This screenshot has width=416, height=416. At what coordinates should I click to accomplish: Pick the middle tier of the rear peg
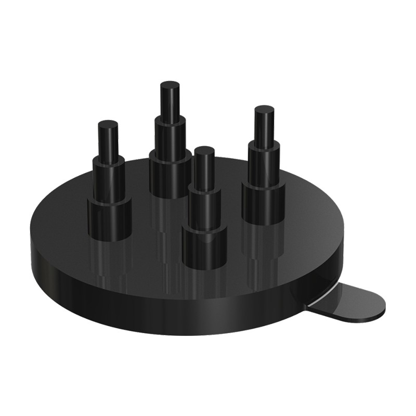170,136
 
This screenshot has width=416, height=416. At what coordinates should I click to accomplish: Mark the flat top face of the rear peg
170,85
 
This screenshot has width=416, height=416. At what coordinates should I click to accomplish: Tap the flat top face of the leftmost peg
108,124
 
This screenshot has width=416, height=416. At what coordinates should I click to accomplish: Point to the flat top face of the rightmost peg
264,109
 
